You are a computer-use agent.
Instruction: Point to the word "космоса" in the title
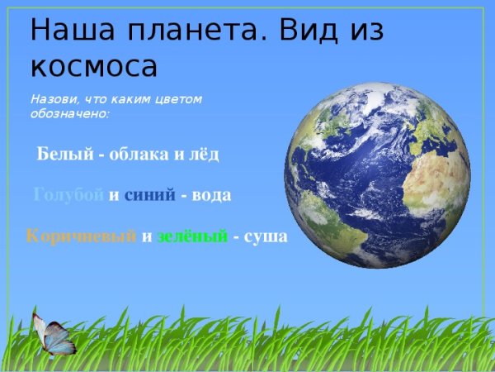coord(93,65)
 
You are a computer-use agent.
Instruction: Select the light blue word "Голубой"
coord(69,195)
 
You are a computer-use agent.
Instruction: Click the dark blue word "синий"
coord(149,195)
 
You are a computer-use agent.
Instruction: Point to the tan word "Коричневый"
coord(81,236)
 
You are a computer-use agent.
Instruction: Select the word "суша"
coord(266,236)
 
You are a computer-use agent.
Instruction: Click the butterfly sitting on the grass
coord(52,335)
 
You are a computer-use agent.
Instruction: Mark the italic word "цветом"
coord(181,98)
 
